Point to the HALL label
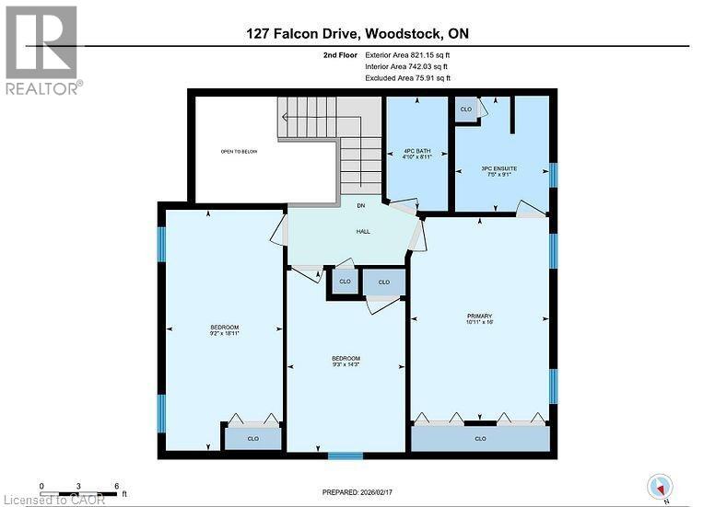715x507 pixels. tap(363, 231)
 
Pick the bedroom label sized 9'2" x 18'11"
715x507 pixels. tap(224, 331)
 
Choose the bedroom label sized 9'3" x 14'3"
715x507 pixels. tap(346, 362)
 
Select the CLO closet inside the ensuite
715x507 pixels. tap(465, 109)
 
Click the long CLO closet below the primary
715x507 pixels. tap(480, 439)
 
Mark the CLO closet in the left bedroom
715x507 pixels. tap(252, 439)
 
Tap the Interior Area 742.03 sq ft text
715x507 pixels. tap(408, 67)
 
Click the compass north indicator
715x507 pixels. tap(660, 485)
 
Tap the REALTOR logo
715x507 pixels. tap(42, 51)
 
